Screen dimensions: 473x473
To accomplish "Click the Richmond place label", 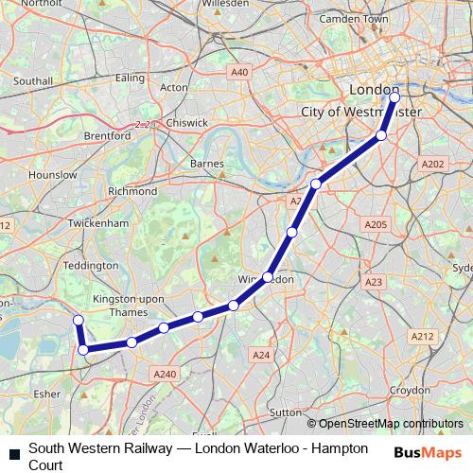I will [132, 190].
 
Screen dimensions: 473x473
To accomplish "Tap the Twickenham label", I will [97, 223].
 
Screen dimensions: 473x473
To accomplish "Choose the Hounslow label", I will [53, 175].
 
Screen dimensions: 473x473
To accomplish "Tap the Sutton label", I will [285, 412].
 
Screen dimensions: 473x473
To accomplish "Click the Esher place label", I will [46, 391].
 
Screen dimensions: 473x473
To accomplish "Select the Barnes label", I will [207, 164].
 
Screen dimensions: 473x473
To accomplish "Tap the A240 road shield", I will [165, 375].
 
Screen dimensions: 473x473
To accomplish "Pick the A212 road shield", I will [421, 336].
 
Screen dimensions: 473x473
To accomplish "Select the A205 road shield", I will [376, 224].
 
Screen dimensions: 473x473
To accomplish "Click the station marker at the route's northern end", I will [394, 96].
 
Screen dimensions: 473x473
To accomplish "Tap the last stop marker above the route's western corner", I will [79, 321].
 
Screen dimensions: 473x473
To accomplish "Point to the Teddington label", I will [91, 266].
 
